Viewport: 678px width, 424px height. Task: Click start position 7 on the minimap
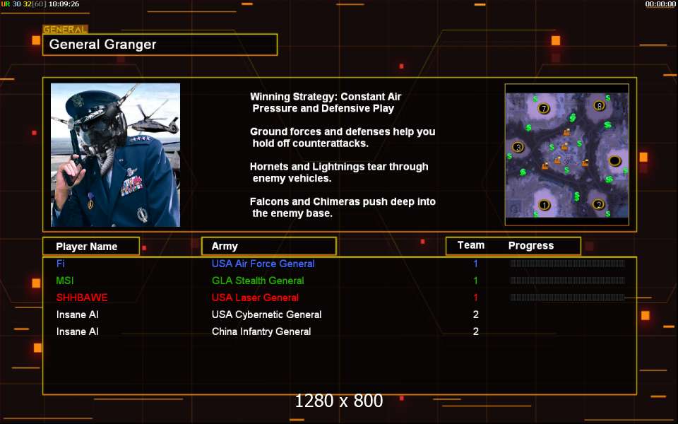pos(544,108)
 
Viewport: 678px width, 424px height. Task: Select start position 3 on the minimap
pos(518,147)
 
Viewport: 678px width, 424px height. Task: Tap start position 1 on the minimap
pos(544,205)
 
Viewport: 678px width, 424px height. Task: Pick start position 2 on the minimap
pos(598,204)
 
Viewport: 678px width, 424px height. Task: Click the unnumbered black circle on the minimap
pos(614,161)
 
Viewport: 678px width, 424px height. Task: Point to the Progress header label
pos(531,246)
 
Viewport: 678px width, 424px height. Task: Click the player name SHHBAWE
pos(82,298)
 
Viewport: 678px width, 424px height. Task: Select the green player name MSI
pos(65,281)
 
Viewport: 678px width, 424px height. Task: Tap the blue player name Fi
pos(60,264)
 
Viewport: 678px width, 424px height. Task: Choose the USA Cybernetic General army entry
pos(266,314)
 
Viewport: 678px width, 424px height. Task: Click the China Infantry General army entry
pos(261,331)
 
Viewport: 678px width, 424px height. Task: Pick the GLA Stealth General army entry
pos(258,281)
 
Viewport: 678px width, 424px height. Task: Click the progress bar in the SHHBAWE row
pos(567,298)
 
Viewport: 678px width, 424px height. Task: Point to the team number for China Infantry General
pos(475,331)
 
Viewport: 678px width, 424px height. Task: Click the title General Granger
pos(102,44)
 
